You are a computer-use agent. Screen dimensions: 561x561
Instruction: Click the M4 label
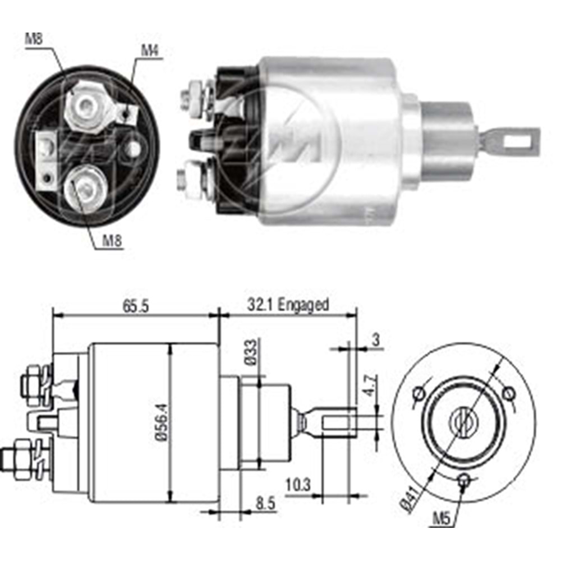click(149, 50)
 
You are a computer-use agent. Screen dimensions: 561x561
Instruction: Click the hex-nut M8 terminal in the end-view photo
click(85, 104)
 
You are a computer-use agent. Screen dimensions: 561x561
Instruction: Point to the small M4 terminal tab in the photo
click(128, 114)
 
